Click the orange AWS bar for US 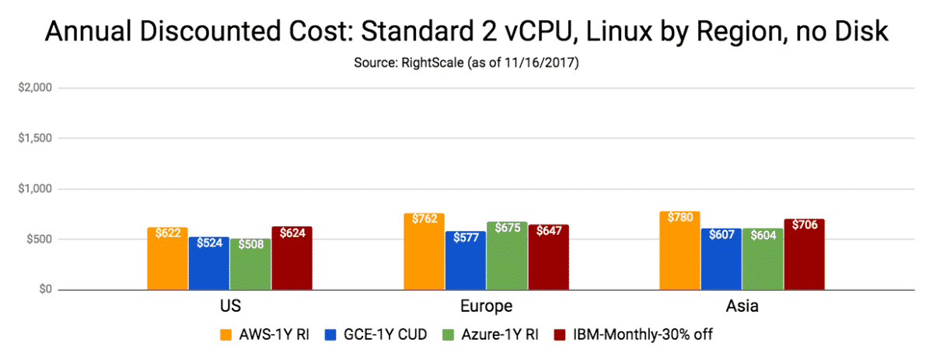click(167, 260)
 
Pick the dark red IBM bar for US click(292, 260)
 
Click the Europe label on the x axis click(486, 306)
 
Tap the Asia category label click(742, 306)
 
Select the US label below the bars click(229, 306)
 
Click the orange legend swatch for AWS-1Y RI click(226, 334)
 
